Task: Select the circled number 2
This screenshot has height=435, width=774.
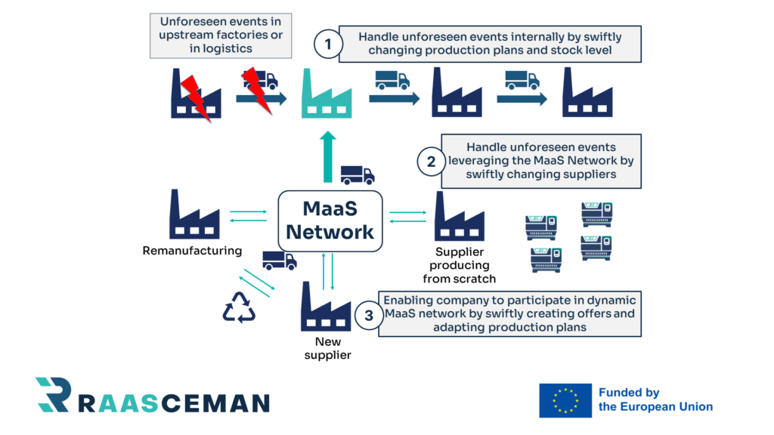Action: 431,161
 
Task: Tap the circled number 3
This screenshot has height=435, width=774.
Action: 369,316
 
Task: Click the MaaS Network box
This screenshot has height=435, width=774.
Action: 330,220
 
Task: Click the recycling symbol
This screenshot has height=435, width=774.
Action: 239,308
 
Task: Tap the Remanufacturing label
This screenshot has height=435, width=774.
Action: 192,251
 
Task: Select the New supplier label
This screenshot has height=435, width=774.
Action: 327,348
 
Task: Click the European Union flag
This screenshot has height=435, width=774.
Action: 565,400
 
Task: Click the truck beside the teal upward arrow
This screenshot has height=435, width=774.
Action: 357,175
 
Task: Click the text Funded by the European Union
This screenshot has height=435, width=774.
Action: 655,400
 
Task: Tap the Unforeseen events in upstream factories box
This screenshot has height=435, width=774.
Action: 221,35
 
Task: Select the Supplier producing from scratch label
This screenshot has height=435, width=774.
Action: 460,265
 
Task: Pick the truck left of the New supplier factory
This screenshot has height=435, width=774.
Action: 279,261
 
